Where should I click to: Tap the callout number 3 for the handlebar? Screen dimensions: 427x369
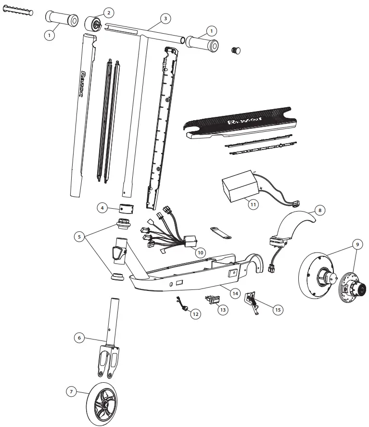click(165, 18)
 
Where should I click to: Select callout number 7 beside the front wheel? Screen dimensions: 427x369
click(71, 392)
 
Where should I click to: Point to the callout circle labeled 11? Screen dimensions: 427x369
click(253, 203)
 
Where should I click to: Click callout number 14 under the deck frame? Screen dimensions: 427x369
click(235, 292)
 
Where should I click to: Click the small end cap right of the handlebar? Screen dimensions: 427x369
click(236, 50)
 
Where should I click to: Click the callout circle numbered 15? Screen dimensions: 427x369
click(278, 310)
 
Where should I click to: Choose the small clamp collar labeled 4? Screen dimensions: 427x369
click(126, 209)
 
